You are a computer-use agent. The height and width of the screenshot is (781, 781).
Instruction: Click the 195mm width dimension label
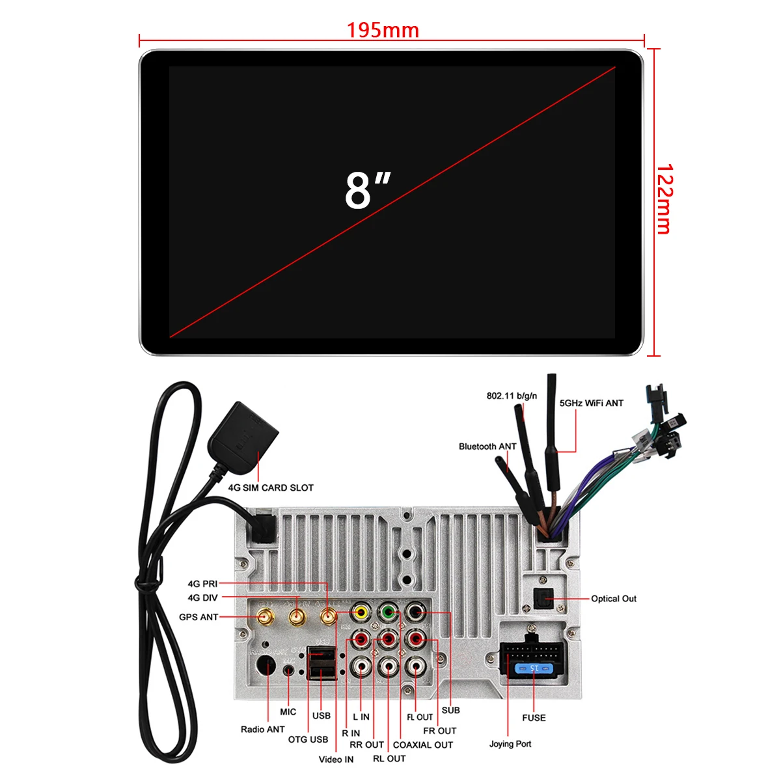(x=383, y=30)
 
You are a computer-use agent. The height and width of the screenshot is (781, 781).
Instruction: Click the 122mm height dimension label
(x=665, y=199)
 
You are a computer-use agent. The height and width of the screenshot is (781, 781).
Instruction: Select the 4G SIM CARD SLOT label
(x=271, y=487)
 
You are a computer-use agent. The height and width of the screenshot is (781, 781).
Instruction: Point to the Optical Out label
(x=613, y=599)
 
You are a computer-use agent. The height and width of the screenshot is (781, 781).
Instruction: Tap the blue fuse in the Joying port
(x=534, y=668)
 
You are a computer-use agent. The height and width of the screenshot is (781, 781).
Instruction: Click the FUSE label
(x=534, y=717)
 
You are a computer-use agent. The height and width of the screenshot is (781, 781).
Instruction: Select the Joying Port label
(x=510, y=743)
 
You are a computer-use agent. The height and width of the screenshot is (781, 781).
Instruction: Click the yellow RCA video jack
(x=360, y=612)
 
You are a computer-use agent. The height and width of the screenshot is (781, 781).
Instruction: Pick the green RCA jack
(x=388, y=612)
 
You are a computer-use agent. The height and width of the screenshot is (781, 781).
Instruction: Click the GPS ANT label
(x=199, y=617)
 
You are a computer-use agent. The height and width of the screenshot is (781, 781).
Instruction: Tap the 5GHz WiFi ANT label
(x=591, y=404)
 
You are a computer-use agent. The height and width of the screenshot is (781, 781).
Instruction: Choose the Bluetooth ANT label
(x=487, y=446)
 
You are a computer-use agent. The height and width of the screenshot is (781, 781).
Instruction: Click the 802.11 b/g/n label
(x=512, y=396)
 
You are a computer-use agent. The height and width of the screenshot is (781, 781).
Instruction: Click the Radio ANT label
(x=262, y=729)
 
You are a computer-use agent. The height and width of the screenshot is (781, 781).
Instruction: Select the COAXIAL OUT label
(x=422, y=745)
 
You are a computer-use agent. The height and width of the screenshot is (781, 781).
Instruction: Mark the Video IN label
(x=336, y=759)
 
